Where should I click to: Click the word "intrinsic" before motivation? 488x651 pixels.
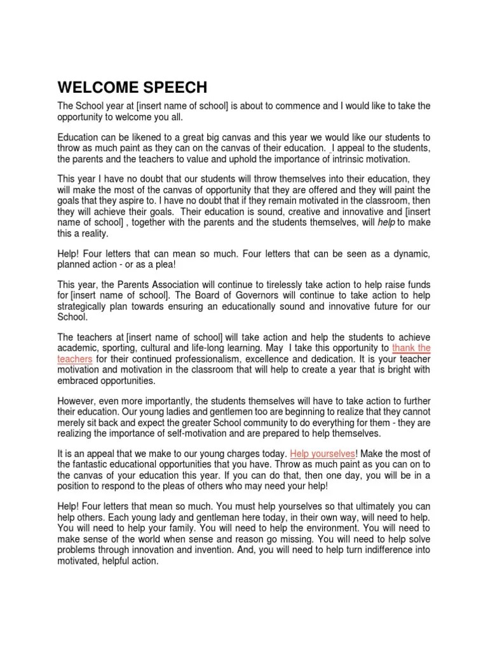345,159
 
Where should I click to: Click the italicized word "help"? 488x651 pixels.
386,223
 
